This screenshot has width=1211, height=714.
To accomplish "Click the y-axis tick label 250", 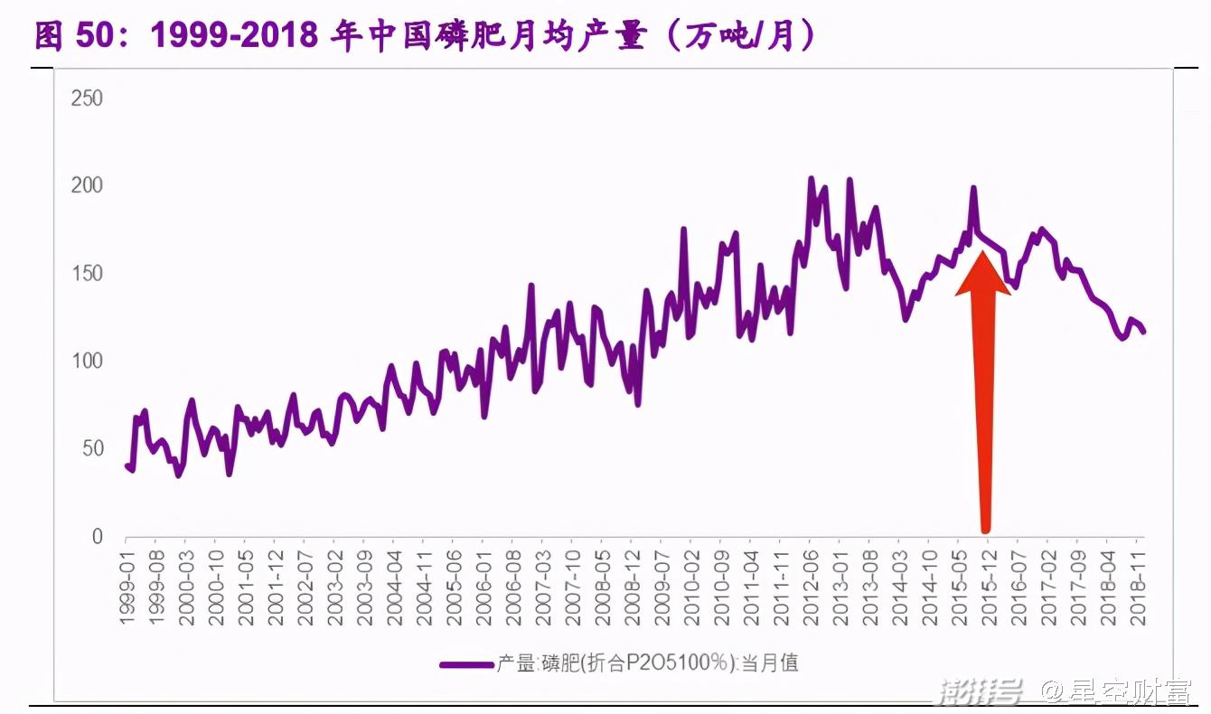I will click(x=87, y=98).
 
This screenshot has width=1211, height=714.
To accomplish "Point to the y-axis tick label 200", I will click(x=87, y=185).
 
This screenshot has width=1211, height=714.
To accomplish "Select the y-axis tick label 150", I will click(x=87, y=273).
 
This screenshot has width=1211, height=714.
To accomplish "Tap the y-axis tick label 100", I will click(x=87, y=361).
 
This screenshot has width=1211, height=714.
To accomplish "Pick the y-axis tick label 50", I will click(x=92, y=448).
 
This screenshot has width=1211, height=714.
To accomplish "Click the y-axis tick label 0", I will click(x=98, y=536).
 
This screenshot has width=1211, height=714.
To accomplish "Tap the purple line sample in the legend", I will click(x=466, y=664).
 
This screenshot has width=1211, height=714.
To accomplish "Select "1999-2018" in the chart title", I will click(x=234, y=36).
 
